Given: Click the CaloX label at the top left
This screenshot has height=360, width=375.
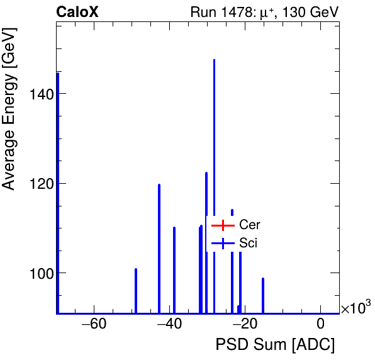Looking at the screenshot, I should click(77, 12).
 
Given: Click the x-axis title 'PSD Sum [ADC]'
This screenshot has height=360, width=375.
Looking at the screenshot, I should click(275, 345).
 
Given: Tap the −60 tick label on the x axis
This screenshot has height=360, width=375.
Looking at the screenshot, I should click(94, 325).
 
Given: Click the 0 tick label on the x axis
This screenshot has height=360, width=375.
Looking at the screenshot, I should click(321, 325).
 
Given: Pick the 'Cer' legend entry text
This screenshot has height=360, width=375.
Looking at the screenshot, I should click(249, 225).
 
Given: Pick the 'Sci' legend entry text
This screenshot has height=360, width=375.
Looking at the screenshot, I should click(249, 243).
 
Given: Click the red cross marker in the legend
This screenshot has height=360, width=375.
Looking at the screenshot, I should click(222, 225).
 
